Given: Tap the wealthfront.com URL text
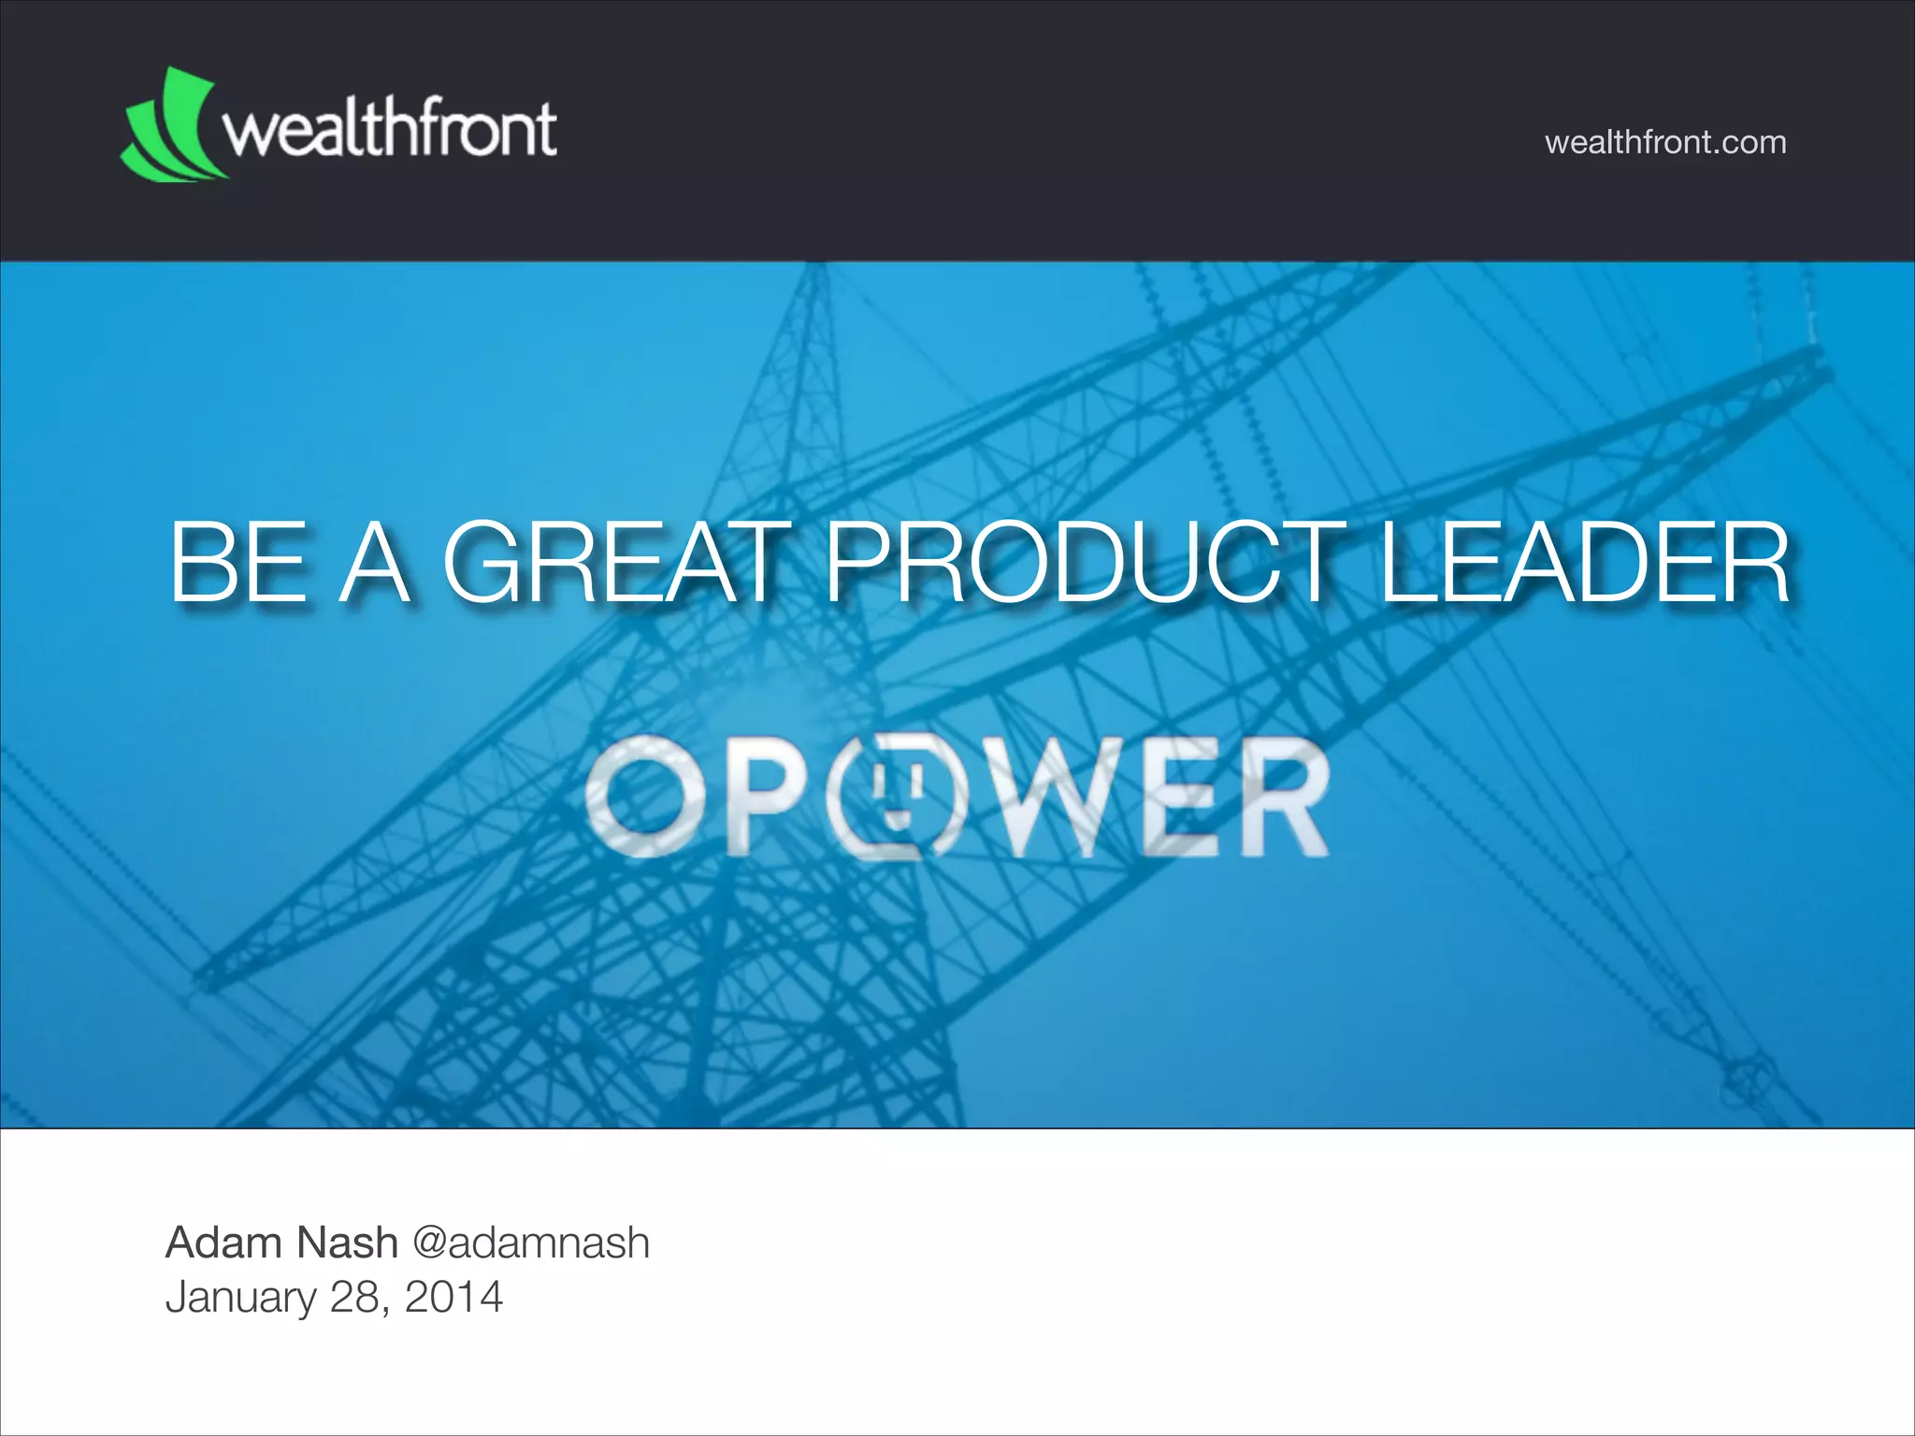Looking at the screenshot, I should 1665,142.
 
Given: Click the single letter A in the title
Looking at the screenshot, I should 373,564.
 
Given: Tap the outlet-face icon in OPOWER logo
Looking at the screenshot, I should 900,796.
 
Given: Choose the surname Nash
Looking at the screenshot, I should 346,1242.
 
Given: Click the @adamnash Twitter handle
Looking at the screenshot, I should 530,1242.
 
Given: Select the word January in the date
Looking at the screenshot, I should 241,1298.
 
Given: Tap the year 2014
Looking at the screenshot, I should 454,1298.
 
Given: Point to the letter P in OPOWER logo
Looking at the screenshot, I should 765,796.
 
